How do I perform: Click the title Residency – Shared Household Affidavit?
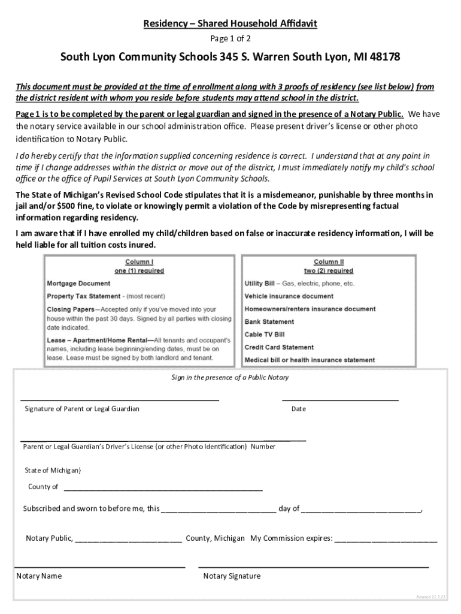[x=230, y=24]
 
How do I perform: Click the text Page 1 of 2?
[x=230, y=39]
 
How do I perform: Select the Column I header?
[x=139, y=262]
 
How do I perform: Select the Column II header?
[x=329, y=262]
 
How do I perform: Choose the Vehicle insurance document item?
[x=289, y=296]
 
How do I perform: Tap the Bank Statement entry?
[x=269, y=322]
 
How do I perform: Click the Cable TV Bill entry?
[x=264, y=335]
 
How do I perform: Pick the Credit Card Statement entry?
[x=278, y=347]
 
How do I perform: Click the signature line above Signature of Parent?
[x=120, y=399]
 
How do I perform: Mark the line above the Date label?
[x=339, y=399]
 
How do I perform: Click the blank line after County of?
[x=163, y=490]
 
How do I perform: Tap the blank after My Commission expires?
[x=386, y=541]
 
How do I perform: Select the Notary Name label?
[x=39, y=576]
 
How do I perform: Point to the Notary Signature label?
[x=232, y=576]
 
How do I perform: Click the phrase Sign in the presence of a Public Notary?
[x=230, y=377]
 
